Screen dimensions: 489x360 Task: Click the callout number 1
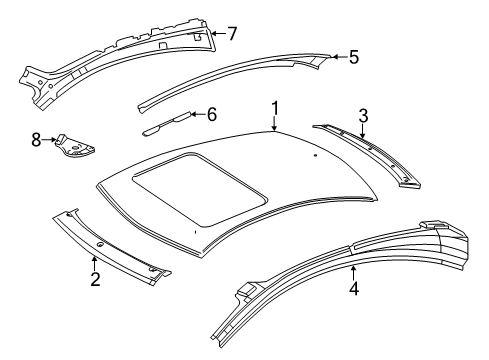pos(275,109)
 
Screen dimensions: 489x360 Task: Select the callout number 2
pos(95,279)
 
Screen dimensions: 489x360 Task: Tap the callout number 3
pos(363,116)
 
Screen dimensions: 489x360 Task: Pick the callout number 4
pos(354,288)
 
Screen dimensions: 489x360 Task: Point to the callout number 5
pos(354,57)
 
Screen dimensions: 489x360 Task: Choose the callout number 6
pos(212,114)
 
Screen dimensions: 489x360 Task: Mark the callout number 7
pos(232,33)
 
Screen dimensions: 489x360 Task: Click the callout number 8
pos(36,140)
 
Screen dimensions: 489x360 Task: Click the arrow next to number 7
pos(218,33)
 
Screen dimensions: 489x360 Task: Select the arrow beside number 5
pos(340,57)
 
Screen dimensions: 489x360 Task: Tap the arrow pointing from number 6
pos(198,114)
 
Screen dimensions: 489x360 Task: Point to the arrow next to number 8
pos(49,140)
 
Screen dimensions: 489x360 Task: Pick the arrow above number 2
pos(95,263)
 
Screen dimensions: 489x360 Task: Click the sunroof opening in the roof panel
pos(200,190)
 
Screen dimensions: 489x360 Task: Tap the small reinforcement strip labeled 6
pos(167,123)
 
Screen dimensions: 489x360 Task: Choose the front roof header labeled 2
pos(110,246)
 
